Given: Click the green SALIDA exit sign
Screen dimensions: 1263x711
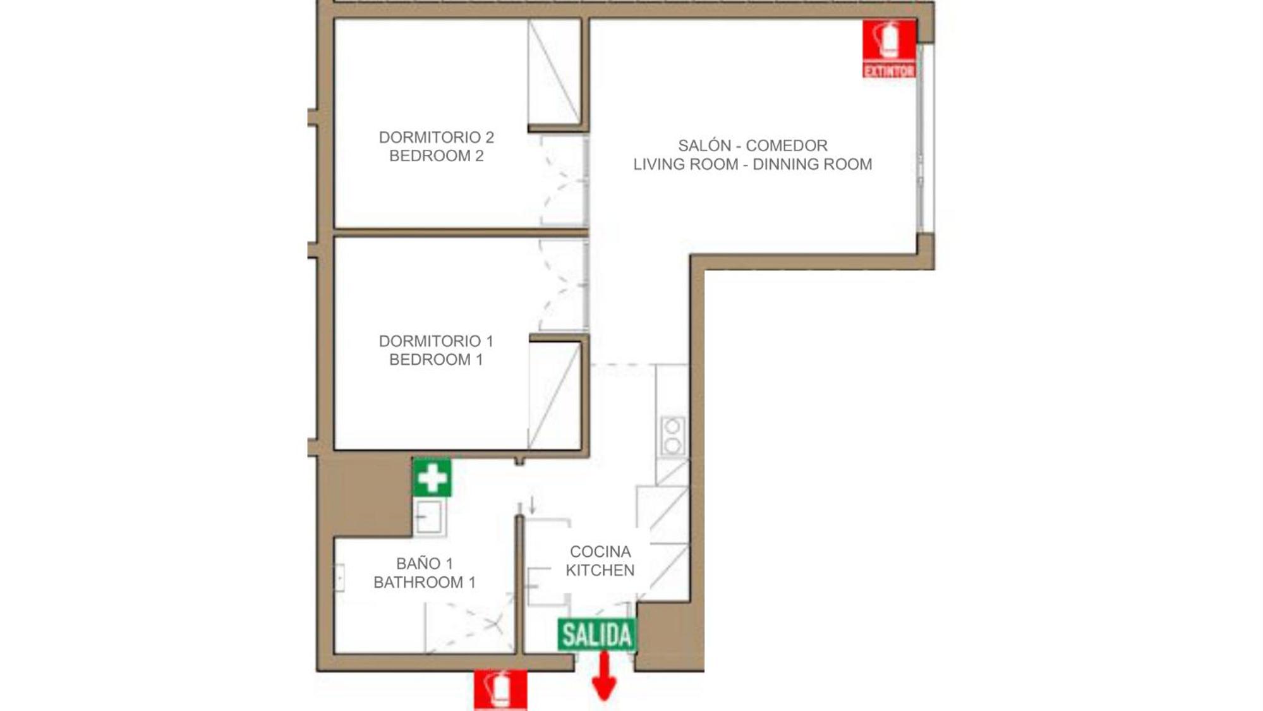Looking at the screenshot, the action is [596, 635].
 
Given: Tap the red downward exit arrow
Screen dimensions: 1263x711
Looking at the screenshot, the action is [604, 676].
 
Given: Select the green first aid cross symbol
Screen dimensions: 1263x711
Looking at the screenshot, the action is [432, 477].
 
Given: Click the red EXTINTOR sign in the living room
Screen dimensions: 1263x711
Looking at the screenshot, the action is [890, 49].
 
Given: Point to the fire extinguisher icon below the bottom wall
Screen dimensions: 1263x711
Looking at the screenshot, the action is [500, 690].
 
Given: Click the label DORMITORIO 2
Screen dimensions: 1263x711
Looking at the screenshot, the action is [436, 137].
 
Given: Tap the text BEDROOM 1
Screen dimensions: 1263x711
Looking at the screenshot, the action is [436, 360].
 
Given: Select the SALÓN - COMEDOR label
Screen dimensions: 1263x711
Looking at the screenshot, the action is [752, 145].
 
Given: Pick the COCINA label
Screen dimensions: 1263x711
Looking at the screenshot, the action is [600, 552].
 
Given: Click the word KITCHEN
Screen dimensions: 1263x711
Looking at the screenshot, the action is [600, 571].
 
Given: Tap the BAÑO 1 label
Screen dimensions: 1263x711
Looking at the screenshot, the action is [425, 563].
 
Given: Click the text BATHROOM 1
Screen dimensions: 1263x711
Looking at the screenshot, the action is [425, 582].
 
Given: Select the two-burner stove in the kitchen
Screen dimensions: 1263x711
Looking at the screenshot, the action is [672, 436].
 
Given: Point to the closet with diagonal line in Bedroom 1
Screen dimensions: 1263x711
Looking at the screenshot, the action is [554, 396].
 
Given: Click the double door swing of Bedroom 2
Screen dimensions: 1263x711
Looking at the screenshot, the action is [564, 181].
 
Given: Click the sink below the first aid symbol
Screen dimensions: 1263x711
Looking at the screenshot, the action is [430, 517].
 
